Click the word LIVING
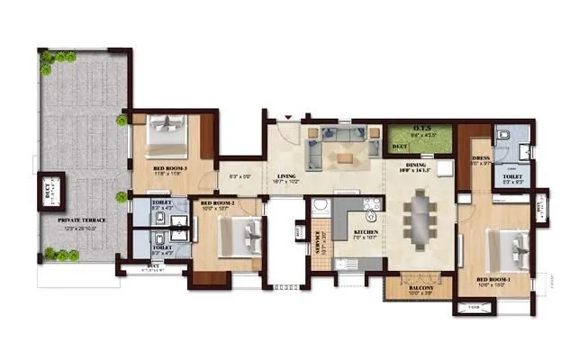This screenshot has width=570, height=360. click(287, 176)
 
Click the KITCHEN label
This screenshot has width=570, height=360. click(366, 232)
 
